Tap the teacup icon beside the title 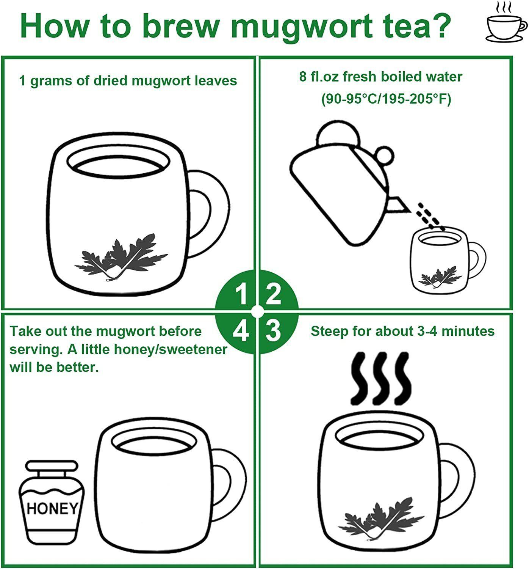tap(506, 22)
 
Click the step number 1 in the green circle tap(241, 295)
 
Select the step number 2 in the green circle tap(273, 294)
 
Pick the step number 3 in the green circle tap(273, 331)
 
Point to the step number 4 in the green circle tap(241, 331)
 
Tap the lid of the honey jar tap(52, 465)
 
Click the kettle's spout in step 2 tap(398, 204)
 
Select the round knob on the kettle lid tap(385, 156)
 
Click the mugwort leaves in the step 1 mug tap(121, 257)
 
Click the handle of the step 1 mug tap(208, 214)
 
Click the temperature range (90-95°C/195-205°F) tap(386, 99)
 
